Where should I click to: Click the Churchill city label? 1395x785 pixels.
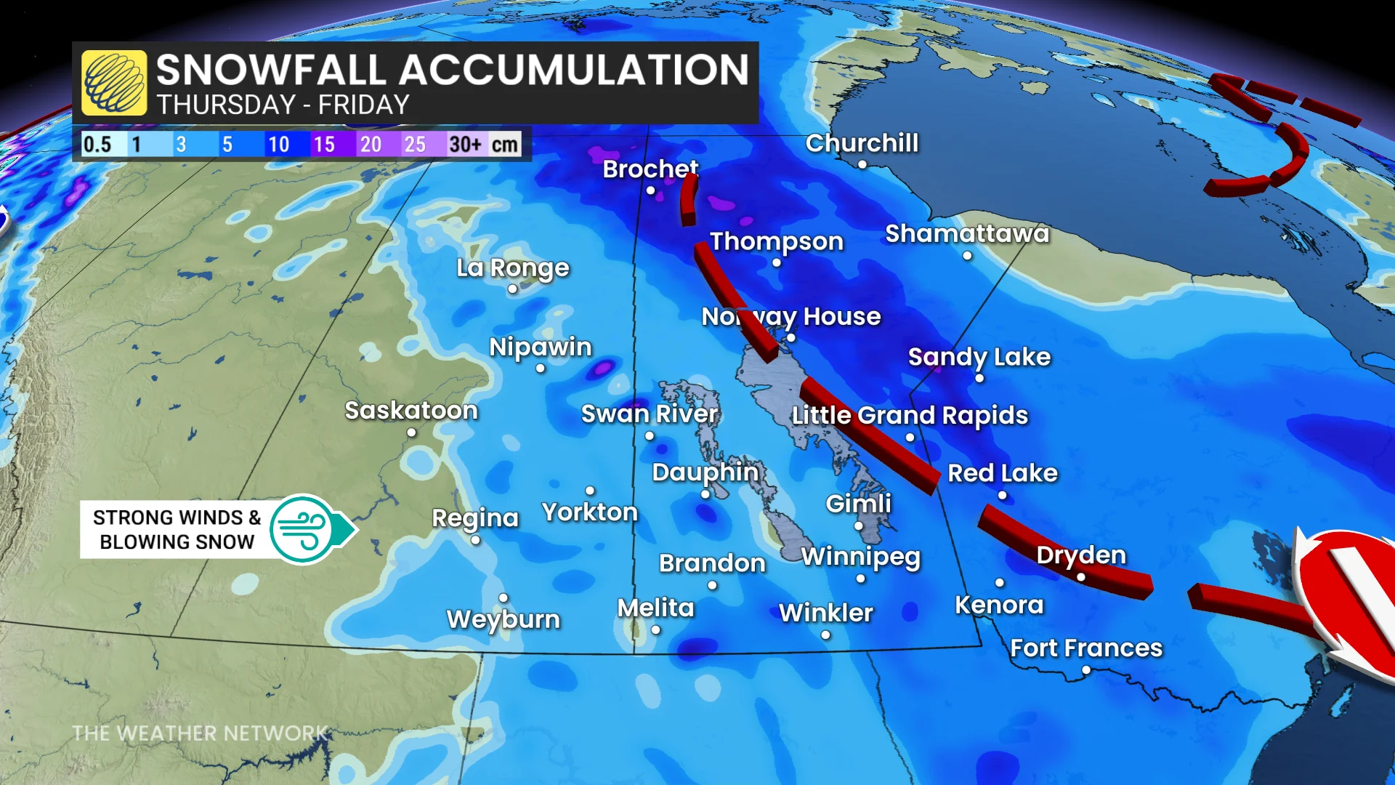point(862,143)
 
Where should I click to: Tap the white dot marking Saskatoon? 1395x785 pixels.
point(411,432)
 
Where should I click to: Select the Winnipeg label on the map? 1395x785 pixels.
point(860,557)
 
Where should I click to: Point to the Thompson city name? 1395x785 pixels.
point(776,241)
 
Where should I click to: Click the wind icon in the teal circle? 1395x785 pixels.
point(302,529)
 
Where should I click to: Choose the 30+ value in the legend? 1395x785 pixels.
point(465,144)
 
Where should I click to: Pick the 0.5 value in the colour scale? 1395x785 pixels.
point(97,144)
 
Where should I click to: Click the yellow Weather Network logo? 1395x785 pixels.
point(114,83)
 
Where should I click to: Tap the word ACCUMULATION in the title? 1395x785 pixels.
point(573,71)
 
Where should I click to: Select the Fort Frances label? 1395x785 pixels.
point(1085,648)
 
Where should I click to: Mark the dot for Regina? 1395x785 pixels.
point(475,540)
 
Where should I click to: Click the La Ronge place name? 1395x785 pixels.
point(512,268)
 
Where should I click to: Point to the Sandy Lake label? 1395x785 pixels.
point(979,357)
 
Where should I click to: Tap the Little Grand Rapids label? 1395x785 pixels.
point(910,415)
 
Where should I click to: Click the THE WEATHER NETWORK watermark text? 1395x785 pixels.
point(200,733)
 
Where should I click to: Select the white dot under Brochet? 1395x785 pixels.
point(651,191)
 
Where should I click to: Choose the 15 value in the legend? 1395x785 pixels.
point(324,144)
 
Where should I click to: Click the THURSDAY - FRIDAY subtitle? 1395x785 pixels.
point(283,105)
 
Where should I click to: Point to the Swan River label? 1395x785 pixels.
point(649,414)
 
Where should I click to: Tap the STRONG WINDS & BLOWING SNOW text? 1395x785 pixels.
point(177,529)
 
